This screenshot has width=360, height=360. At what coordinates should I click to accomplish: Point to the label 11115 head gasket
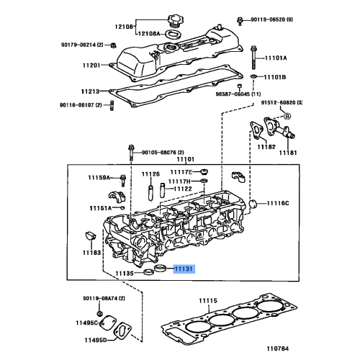click(208, 300)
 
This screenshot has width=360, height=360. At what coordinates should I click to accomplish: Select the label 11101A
click(275, 58)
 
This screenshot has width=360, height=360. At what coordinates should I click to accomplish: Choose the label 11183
click(91, 253)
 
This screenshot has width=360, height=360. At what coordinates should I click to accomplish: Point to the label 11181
click(288, 153)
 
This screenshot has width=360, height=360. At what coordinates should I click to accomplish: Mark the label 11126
click(150, 174)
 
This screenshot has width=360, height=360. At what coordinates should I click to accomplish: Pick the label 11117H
click(181, 181)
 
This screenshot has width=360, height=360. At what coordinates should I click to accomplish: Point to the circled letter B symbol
click(287, 116)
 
